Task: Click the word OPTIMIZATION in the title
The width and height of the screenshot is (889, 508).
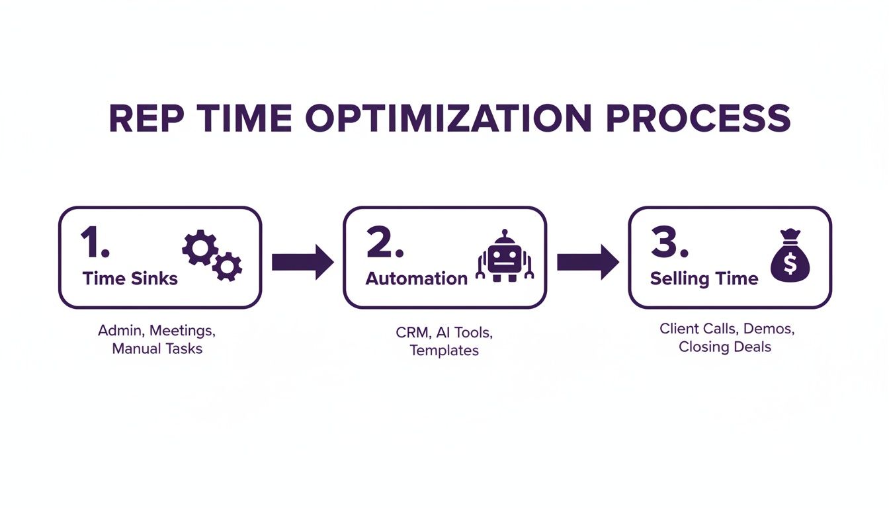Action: pyautogui.click(x=448, y=118)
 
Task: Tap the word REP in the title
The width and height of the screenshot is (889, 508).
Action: pyautogui.click(x=146, y=118)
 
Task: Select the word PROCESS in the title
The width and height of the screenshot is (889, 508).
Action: pyautogui.click(x=698, y=118)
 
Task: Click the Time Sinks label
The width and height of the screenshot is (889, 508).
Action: pyautogui.click(x=130, y=278)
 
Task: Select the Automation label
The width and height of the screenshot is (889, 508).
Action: pyautogui.click(x=416, y=278)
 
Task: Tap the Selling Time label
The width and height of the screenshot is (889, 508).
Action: pyautogui.click(x=704, y=279)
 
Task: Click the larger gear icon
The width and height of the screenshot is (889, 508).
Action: pyautogui.click(x=200, y=247)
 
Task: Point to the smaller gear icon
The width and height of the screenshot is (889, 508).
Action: pyautogui.click(x=227, y=267)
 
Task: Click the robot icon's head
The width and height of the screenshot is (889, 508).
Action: pyautogui.click(x=505, y=258)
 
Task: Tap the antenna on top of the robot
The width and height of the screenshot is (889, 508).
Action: pyautogui.click(x=505, y=235)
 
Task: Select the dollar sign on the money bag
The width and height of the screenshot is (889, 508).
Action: pyautogui.click(x=790, y=264)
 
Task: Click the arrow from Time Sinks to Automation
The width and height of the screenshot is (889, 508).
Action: pyautogui.click(x=303, y=263)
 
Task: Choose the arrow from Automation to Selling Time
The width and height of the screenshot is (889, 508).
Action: pyautogui.click(x=588, y=263)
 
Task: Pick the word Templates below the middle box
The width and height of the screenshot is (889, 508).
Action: pyautogui.click(x=444, y=351)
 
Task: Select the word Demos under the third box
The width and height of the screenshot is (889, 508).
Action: pyautogui.click(x=769, y=329)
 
